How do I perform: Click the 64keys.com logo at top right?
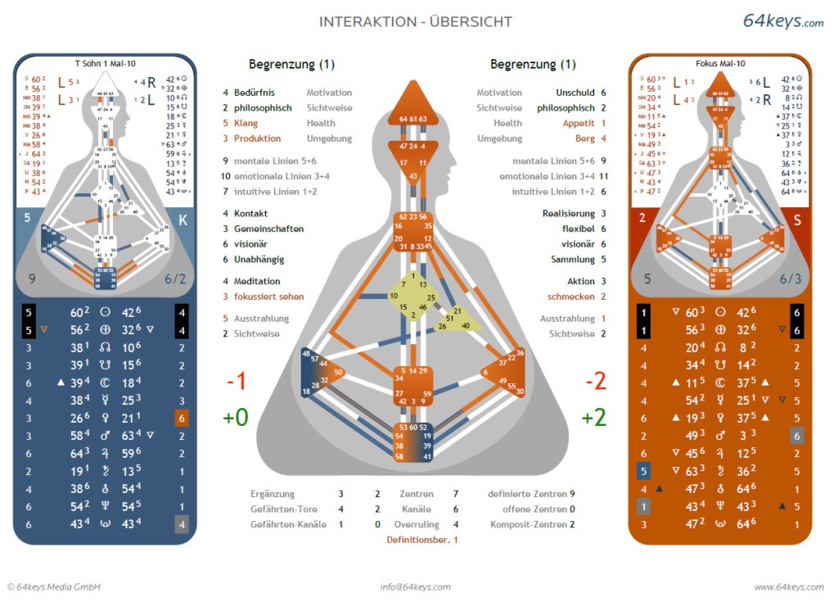(782, 21)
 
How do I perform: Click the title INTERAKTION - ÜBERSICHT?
(416, 22)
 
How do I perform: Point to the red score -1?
(237, 382)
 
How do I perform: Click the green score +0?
(236, 417)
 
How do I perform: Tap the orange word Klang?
(246, 123)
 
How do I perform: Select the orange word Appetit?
(579, 123)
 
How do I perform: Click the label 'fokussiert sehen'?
(268, 296)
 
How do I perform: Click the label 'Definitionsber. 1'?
(422, 540)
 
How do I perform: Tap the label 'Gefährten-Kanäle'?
(283, 524)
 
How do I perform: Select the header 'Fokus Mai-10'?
(720, 63)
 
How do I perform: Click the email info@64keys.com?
(415, 586)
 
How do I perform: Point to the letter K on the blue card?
(183, 220)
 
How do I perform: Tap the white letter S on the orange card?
(796, 220)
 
